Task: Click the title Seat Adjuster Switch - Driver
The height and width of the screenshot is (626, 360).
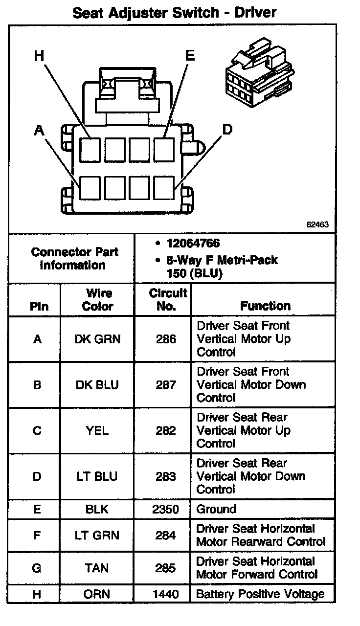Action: [175, 13]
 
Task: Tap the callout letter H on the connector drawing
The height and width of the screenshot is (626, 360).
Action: [39, 57]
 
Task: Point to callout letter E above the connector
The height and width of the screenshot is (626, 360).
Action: [190, 56]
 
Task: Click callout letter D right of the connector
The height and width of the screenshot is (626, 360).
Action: [227, 130]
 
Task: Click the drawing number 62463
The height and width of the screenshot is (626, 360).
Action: [317, 225]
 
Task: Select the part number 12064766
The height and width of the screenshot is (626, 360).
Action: [193, 244]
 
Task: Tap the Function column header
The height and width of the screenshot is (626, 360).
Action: [265, 306]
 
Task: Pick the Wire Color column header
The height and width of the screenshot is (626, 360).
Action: [97, 300]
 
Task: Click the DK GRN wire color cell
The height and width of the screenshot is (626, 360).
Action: [97, 339]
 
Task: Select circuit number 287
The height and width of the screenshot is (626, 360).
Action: [166, 385]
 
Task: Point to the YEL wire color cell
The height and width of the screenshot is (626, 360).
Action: [97, 431]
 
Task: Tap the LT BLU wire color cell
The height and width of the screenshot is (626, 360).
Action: [97, 476]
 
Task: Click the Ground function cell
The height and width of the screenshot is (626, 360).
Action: [216, 509]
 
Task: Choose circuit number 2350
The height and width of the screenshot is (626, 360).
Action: [166, 509]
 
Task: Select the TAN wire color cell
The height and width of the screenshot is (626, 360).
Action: [97, 568]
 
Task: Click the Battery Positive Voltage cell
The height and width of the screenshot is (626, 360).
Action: [260, 594]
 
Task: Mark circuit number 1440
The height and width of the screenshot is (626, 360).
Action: [166, 594]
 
